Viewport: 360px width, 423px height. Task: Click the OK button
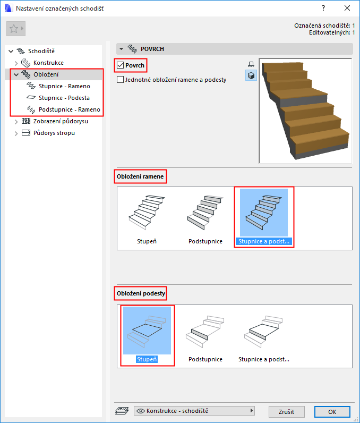coord(332,412)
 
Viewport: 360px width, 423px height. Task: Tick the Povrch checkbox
coord(120,65)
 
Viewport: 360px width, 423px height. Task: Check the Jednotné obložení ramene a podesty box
coord(120,80)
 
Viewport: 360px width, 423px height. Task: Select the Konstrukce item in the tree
coord(48,63)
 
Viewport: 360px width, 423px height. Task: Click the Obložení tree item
coord(46,74)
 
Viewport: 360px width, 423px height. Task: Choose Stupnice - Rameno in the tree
coord(64,86)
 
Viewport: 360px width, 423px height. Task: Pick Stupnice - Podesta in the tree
coord(64,98)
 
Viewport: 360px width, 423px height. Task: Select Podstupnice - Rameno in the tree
coord(70,109)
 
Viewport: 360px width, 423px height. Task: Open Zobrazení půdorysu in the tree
coord(61,121)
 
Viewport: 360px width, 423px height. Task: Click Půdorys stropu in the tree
coord(54,133)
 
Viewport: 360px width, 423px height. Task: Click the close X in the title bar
coord(347,8)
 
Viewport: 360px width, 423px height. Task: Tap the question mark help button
coord(323,8)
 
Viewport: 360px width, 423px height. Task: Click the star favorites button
coord(15,29)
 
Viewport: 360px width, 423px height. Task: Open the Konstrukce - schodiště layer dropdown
coord(194,411)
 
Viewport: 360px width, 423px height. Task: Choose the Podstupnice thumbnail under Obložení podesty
coord(205,336)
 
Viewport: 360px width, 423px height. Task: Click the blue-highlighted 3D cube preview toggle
coord(251,75)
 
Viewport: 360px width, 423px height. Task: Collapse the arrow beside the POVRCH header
coord(121,49)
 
